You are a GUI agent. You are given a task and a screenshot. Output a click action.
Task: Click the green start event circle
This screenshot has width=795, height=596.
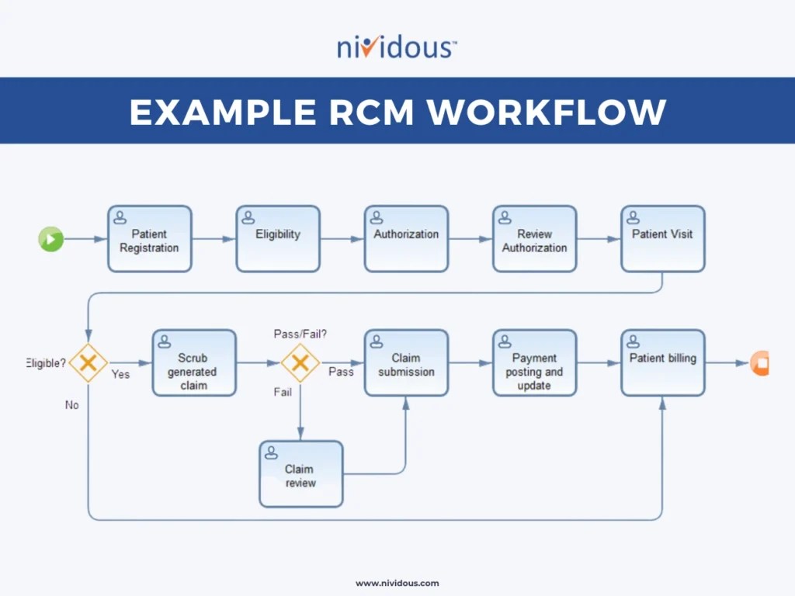[x=51, y=239]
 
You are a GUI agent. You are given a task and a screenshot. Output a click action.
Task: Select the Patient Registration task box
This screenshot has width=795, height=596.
[x=150, y=239]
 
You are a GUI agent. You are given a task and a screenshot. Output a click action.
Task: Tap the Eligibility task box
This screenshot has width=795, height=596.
[x=278, y=239]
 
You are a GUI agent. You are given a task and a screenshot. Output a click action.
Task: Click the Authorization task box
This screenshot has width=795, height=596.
[x=406, y=239]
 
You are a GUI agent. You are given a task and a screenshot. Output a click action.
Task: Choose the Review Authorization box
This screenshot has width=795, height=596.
[x=534, y=239]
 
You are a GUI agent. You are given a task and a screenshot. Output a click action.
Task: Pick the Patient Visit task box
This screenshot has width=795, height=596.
[x=662, y=239]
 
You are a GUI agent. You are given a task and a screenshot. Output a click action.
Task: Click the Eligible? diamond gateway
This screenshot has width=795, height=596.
[x=89, y=362]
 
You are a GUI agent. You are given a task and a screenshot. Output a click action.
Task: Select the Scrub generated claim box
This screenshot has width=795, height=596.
[x=194, y=363]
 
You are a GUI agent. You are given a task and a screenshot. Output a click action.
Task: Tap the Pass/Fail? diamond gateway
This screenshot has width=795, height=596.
[x=300, y=362]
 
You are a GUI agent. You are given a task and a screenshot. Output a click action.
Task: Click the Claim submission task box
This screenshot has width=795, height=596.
[x=406, y=363]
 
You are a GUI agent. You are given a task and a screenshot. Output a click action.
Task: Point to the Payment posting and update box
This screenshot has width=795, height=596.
[x=534, y=363]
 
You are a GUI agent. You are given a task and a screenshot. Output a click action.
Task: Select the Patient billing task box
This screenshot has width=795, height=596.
[x=662, y=363]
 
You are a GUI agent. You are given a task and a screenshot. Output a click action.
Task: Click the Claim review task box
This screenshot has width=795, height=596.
[x=300, y=474]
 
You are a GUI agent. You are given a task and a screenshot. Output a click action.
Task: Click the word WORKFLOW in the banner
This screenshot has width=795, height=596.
[x=547, y=112]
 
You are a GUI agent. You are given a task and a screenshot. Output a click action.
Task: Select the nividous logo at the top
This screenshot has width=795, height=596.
[x=397, y=47]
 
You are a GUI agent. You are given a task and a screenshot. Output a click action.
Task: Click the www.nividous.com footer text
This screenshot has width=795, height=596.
[x=397, y=583]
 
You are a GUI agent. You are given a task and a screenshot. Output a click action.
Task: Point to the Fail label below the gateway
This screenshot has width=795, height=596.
[x=283, y=392]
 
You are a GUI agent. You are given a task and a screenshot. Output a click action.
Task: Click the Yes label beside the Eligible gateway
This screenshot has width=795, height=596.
[x=120, y=374]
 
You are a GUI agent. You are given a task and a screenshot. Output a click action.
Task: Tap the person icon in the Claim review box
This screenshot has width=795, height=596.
[x=272, y=452]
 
